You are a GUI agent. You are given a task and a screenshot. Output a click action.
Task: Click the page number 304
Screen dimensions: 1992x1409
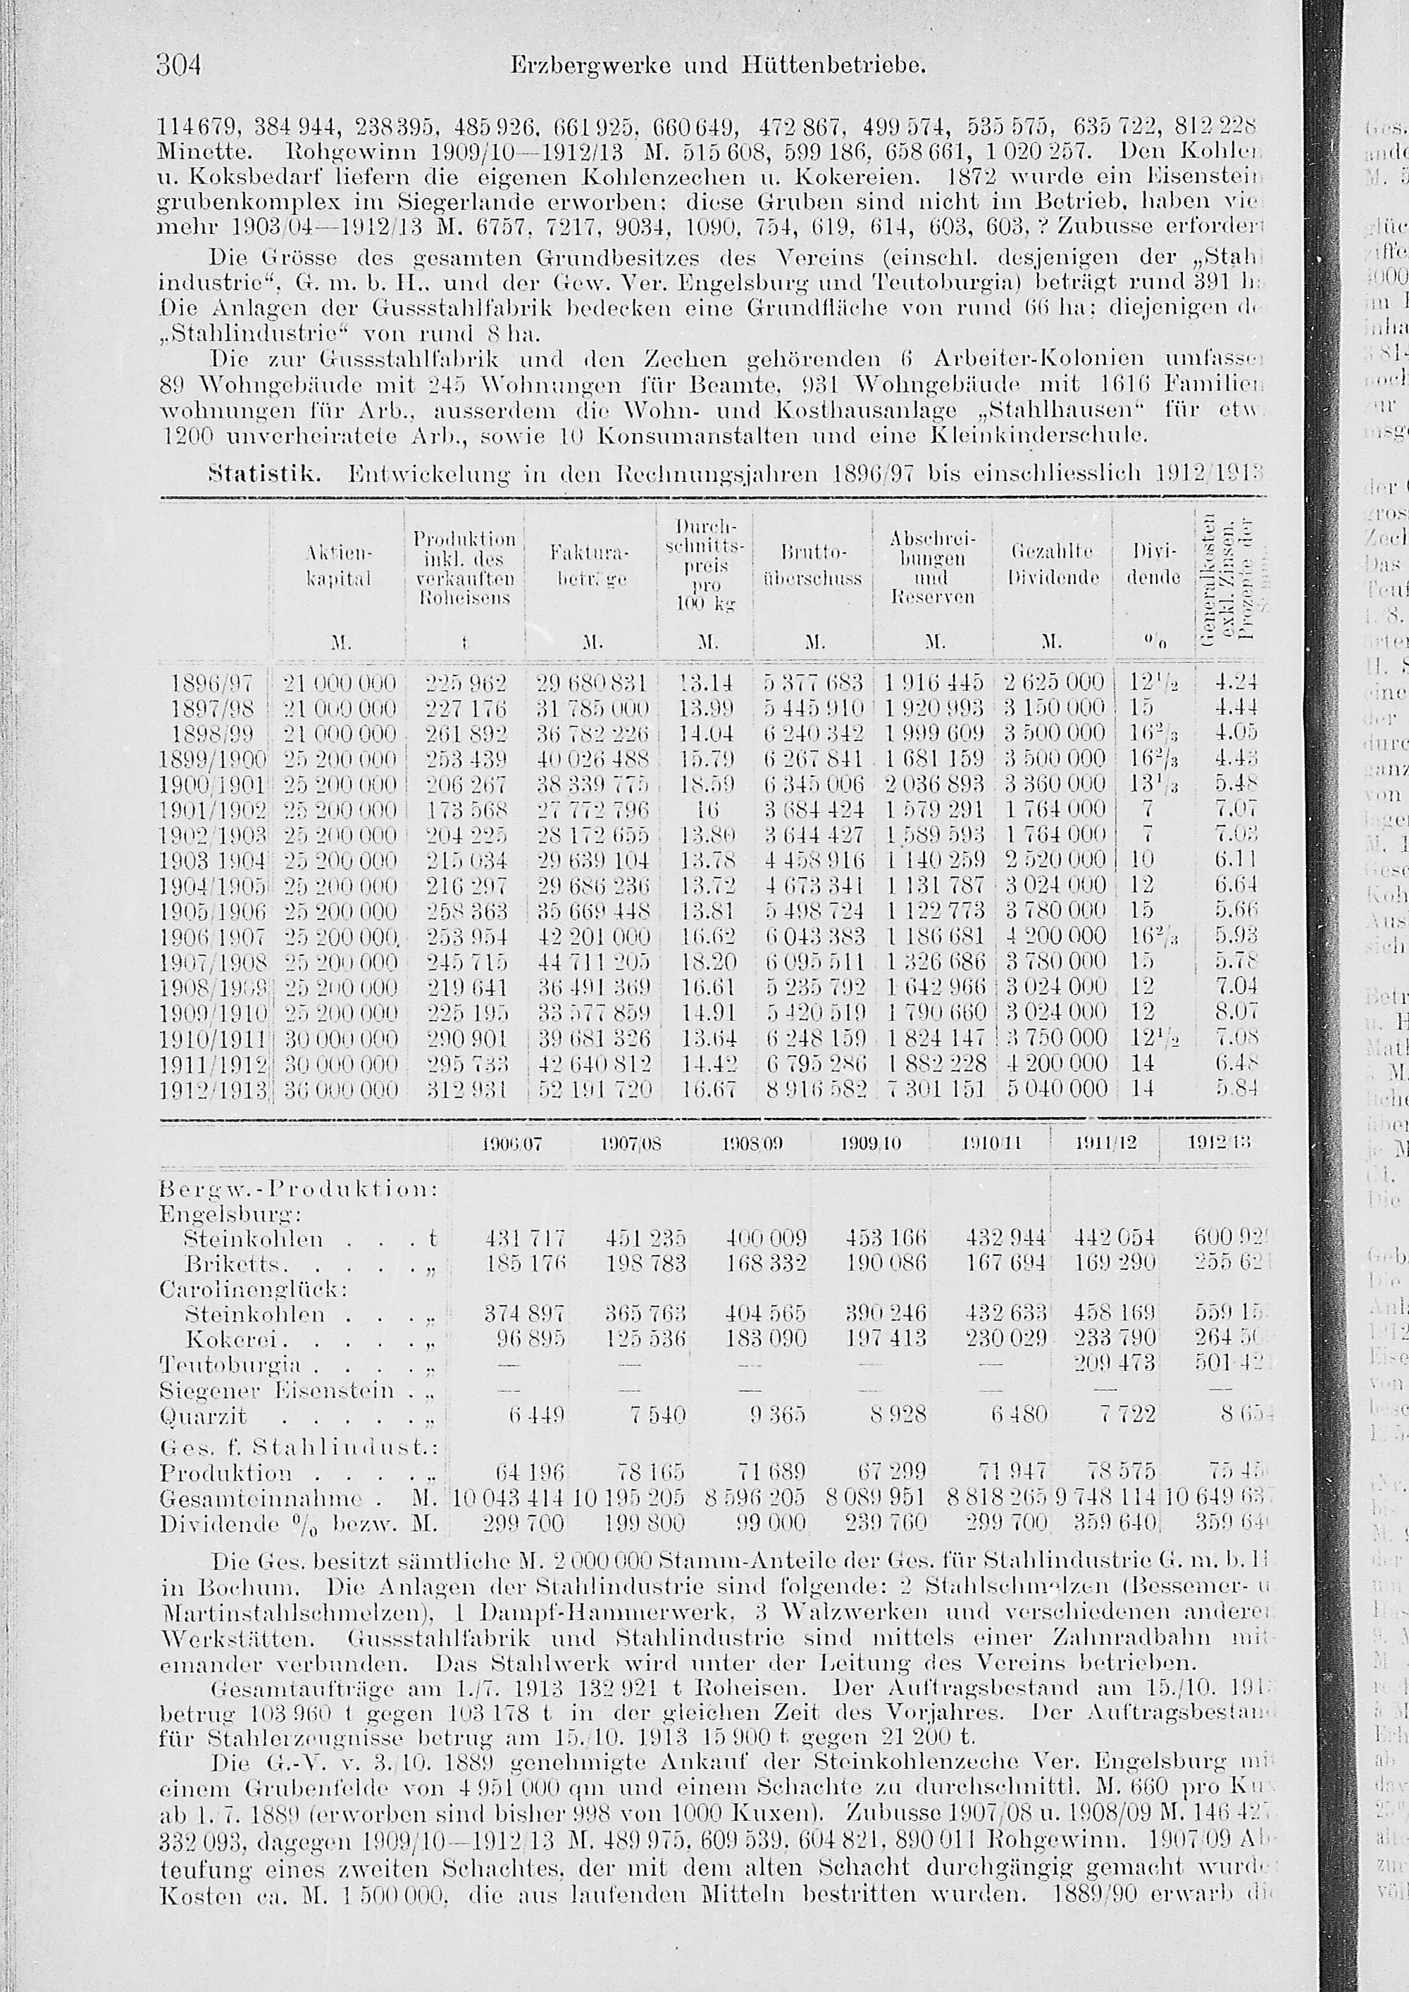179,65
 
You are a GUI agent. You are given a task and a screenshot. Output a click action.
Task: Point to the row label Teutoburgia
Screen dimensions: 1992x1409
230,1364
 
